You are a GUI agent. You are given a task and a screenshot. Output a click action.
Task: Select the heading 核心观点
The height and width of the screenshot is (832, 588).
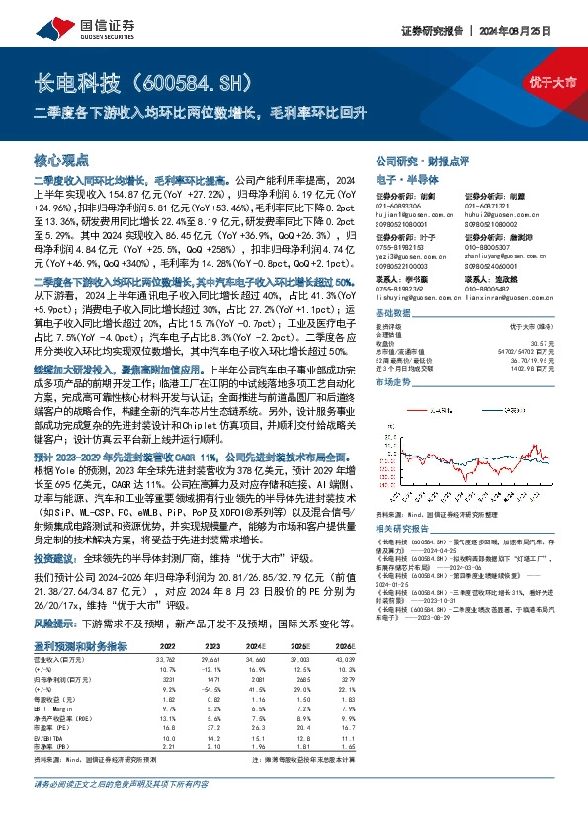pos(61,159)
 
